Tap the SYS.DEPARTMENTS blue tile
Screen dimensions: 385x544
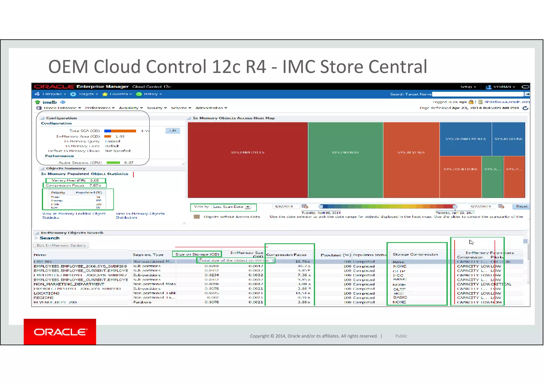point(465,139)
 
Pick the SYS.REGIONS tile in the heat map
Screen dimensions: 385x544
point(508,139)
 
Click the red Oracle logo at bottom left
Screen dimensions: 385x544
point(60,332)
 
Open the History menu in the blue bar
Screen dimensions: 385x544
point(151,94)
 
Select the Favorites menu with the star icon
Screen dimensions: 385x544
point(118,94)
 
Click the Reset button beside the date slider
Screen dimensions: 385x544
point(522,206)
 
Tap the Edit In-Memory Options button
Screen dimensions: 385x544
point(61,245)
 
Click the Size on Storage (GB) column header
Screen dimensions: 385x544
point(197,254)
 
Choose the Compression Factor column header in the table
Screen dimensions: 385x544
point(286,255)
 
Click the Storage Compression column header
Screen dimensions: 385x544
point(415,254)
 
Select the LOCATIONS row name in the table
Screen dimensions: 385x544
point(46,293)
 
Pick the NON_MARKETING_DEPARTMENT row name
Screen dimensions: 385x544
point(69,284)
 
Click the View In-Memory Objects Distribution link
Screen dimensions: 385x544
point(140,215)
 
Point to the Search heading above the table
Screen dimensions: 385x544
point(49,238)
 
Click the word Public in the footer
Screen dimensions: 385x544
point(401,336)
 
